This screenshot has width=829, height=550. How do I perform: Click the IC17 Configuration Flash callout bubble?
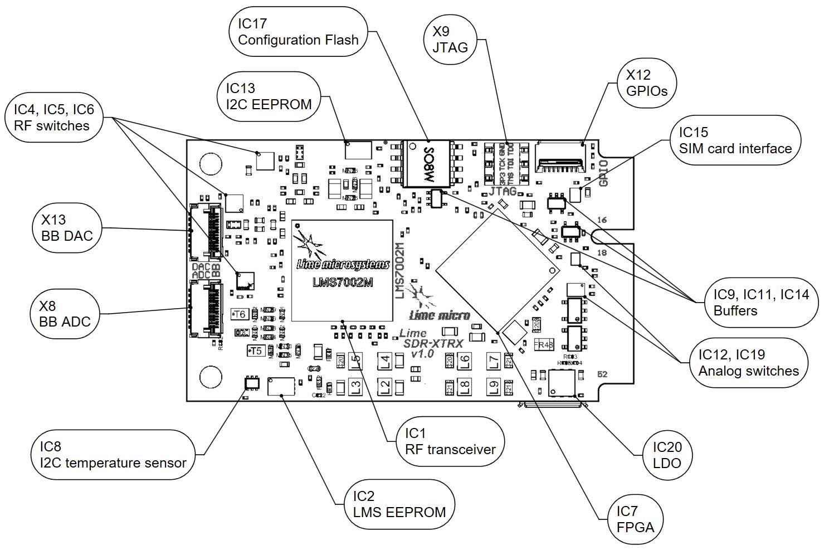click(x=298, y=32)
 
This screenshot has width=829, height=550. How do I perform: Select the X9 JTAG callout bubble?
click(x=450, y=39)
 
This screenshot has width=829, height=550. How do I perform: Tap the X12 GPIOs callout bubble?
click(x=646, y=83)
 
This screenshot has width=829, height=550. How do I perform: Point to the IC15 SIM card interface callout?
click(x=735, y=140)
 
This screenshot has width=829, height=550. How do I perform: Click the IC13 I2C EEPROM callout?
click(x=269, y=96)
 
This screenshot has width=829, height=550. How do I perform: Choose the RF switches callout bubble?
click(x=54, y=118)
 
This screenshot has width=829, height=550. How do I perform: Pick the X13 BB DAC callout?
click(x=67, y=228)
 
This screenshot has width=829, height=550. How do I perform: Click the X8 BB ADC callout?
click(x=65, y=314)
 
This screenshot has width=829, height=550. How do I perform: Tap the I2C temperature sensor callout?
click(x=113, y=454)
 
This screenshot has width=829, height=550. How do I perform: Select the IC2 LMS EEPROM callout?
click(x=399, y=504)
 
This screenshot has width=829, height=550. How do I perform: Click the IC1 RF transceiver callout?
click(x=450, y=441)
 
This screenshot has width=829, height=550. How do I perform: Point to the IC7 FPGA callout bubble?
click(x=635, y=519)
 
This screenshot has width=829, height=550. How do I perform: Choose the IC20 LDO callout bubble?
click(x=667, y=455)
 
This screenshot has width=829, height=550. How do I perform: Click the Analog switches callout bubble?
click(x=748, y=363)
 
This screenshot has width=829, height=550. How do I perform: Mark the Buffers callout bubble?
click(x=761, y=303)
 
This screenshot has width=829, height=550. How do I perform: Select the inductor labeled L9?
click(x=492, y=386)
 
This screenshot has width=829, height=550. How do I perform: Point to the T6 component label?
click(x=239, y=314)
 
